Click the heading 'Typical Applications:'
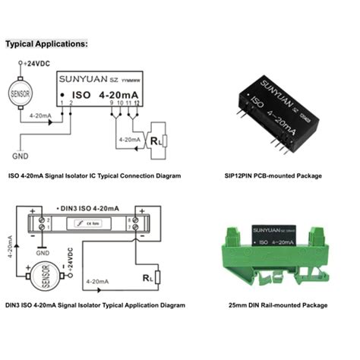(x=47, y=44)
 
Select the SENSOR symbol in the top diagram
(x=20, y=94)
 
